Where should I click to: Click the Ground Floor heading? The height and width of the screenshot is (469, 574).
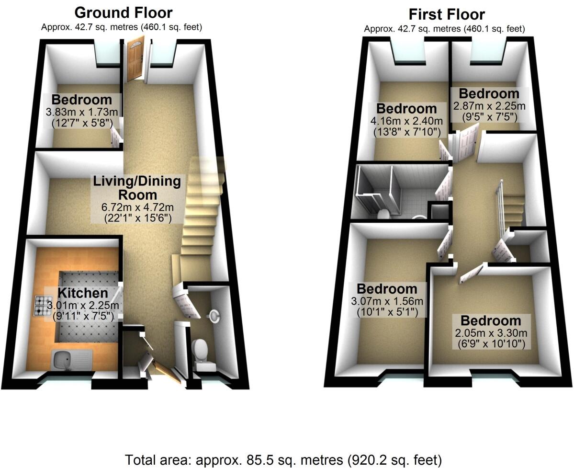pyautogui.click(x=124, y=12)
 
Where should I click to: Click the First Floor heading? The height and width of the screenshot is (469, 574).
pyautogui.click(x=446, y=14)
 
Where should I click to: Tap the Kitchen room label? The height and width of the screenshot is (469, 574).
pyautogui.click(x=83, y=293)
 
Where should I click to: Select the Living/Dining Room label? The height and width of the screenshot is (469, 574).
pyautogui.click(x=137, y=188)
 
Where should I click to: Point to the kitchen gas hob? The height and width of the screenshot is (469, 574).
pyautogui.click(x=43, y=306)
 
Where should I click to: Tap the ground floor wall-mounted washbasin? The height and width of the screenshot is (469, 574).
pyautogui.click(x=214, y=315)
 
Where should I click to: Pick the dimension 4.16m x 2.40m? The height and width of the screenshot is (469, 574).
pyautogui.click(x=407, y=120)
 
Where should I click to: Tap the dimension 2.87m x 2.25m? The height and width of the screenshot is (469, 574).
pyautogui.click(x=489, y=106)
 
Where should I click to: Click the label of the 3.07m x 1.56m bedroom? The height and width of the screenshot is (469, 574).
pyautogui.click(x=387, y=289)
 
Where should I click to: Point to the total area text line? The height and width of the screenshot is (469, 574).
pyautogui.click(x=283, y=460)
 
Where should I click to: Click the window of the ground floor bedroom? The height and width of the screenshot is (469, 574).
pyautogui.click(x=108, y=54)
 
